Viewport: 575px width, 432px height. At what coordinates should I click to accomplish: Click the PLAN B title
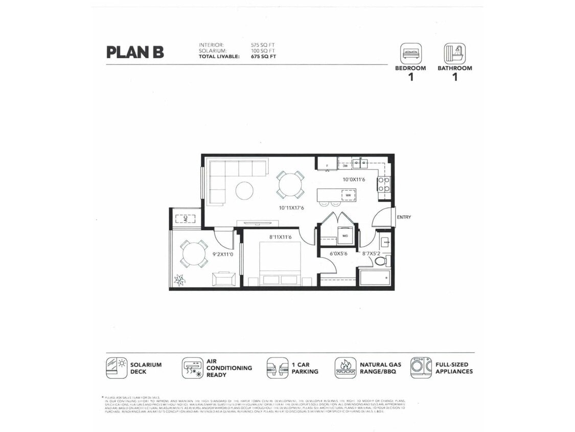(135, 52)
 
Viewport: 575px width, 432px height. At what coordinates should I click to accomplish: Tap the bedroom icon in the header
(411, 53)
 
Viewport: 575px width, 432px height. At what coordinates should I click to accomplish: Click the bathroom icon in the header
(454, 53)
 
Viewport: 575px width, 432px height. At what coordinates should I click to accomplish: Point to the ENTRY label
(404, 217)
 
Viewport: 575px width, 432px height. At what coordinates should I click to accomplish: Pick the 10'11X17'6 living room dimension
(291, 208)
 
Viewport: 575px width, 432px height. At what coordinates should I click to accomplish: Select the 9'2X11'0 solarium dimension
(223, 254)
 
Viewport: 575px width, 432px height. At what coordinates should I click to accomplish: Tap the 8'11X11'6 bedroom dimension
(280, 237)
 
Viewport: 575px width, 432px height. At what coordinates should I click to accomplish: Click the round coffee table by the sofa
(244, 191)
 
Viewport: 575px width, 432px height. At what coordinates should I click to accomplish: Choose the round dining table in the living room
(290, 185)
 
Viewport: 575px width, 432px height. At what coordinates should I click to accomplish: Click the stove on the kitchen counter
(384, 184)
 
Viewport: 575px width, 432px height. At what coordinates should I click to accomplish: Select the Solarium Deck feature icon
(117, 368)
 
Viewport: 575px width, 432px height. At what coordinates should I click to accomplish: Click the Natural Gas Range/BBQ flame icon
(346, 368)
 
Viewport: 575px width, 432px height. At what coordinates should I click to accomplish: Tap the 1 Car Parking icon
(277, 368)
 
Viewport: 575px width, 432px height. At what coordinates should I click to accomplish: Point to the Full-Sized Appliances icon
(421, 368)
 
